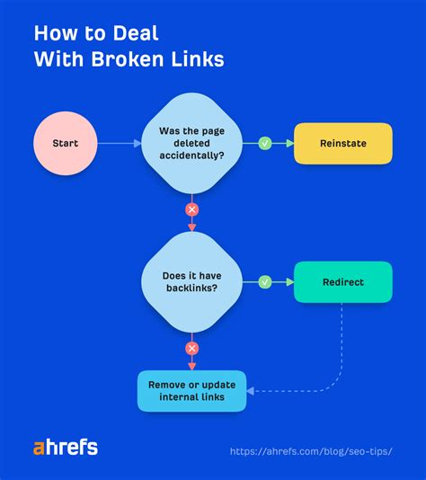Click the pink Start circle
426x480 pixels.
tap(65, 144)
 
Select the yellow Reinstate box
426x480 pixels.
tap(342, 144)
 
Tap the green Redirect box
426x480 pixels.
tap(342, 282)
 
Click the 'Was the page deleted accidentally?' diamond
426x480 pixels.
tap(191, 144)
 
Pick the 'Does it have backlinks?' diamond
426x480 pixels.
tap(191, 282)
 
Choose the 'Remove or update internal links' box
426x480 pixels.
tap(191, 391)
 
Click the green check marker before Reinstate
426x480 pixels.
tap(265, 144)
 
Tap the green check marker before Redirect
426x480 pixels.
tap(265, 282)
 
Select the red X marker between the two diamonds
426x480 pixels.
tap(191, 210)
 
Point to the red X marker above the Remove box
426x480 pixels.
tap(191, 348)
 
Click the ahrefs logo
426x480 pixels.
tap(66, 448)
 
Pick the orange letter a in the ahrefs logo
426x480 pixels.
tap(40, 448)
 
